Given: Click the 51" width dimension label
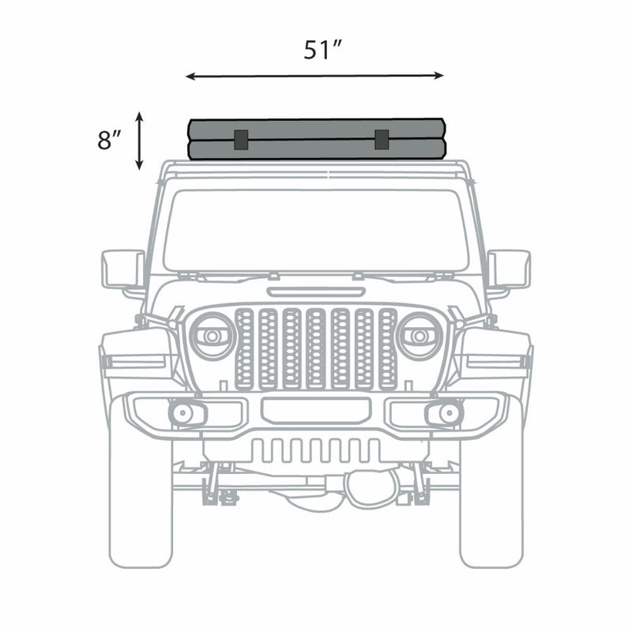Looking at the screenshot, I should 322,50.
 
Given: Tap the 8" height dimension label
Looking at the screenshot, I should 109,141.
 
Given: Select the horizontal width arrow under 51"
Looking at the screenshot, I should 314,76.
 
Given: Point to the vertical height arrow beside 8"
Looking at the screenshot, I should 139,141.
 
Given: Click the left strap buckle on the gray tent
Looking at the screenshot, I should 241,139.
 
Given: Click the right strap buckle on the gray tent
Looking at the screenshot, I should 382,139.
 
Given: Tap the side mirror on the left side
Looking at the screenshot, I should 122,269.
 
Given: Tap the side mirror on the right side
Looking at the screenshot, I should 510,269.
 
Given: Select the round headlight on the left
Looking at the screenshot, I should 213,335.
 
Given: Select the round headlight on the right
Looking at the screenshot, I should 419,335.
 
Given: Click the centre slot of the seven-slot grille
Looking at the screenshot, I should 316,348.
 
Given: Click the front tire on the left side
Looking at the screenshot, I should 141,498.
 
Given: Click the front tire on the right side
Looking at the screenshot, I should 491,498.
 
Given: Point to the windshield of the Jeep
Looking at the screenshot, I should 316,229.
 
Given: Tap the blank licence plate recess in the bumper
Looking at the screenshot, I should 316,409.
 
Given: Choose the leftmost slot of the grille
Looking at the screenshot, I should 244,348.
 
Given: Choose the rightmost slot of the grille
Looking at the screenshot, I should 387,348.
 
